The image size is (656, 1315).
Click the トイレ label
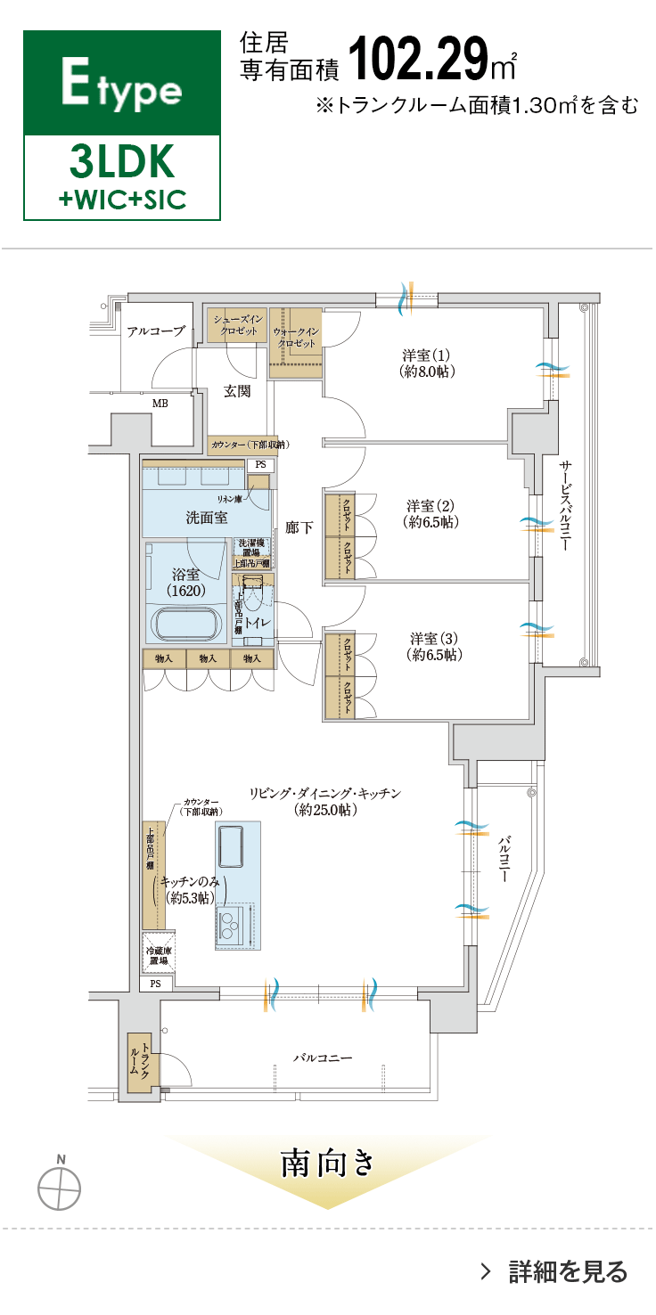click(258, 624)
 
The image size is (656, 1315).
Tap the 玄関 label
click(236, 390)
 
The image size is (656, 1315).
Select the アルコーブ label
click(155, 331)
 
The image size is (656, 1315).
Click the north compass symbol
click(60, 1185)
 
